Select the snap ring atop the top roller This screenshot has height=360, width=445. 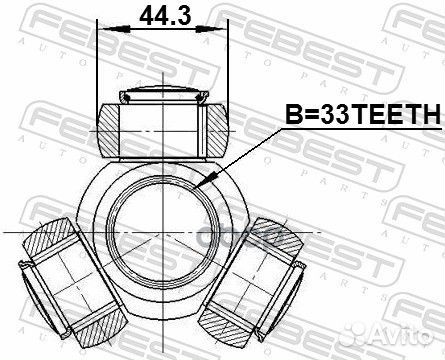click(163, 97)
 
